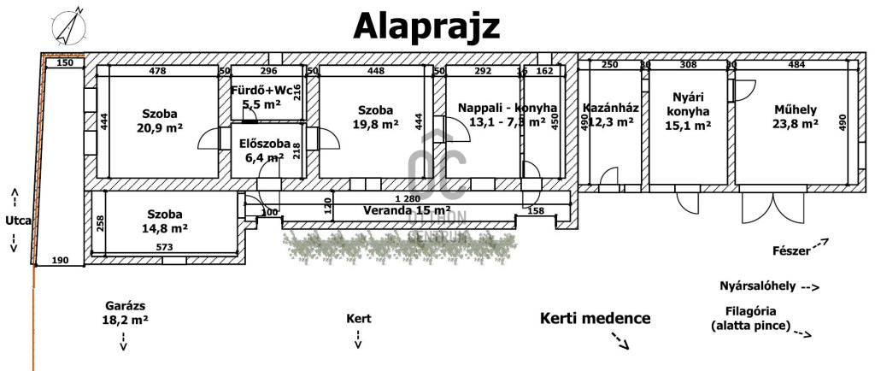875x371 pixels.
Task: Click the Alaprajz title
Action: (x=427, y=26)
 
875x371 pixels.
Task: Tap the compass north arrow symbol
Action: (x=68, y=26)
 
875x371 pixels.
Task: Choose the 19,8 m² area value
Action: (x=375, y=125)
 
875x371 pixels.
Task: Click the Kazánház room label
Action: (x=611, y=108)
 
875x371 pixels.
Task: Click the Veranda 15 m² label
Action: (x=407, y=209)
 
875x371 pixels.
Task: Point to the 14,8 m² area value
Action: (x=164, y=228)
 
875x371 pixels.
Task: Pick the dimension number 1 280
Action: (x=406, y=199)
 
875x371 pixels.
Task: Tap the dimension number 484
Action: (x=796, y=64)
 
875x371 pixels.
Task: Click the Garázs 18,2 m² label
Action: (x=125, y=312)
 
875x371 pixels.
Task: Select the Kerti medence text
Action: (x=595, y=318)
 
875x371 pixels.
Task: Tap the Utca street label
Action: (x=18, y=221)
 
